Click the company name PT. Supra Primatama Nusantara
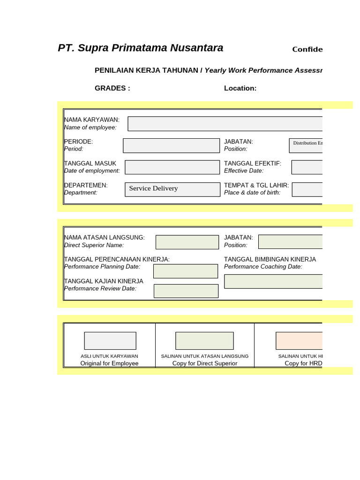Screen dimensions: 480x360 [x=140, y=48]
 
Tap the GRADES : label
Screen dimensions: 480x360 [x=112, y=88]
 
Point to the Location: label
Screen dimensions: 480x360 [x=240, y=88]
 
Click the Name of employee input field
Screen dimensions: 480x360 [x=225, y=124]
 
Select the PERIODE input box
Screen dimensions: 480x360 [x=171, y=145]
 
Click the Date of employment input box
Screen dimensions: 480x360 [x=172, y=167]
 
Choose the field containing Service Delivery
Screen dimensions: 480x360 [x=172, y=189]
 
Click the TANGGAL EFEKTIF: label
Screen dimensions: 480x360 [x=253, y=163]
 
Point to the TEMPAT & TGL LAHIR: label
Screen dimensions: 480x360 [x=256, y=185]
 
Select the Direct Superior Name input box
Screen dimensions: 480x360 [x=187, y=242]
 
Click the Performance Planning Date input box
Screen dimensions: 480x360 [x=186, y=271]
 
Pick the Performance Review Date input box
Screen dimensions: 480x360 [x=186, y=291]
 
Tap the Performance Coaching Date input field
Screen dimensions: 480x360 [x=273, y=281]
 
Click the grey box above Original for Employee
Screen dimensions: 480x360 [x=110, y=341]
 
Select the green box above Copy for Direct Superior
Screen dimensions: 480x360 [x=204, y=341]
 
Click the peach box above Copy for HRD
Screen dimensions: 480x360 [x=299, y=341]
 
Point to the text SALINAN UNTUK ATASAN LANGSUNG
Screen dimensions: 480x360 [x=204, y=356]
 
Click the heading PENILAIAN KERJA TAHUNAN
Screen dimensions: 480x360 [x=147, y=70]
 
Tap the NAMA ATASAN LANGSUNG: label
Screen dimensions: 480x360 [x=105, y=238]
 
